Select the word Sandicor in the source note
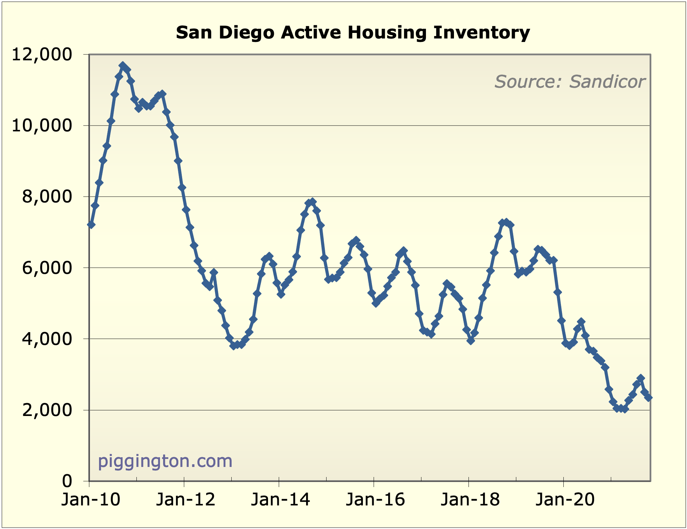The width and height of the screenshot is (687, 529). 607,82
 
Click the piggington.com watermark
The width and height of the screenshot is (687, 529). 165,461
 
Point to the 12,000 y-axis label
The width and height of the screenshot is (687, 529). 47,54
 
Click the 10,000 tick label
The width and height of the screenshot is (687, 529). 47,125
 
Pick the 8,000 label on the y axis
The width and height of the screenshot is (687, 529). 52,197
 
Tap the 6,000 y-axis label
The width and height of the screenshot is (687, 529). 52,268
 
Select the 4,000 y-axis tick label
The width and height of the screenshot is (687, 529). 52,339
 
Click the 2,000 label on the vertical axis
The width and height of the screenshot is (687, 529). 52,410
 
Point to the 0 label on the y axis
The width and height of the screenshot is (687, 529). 67,481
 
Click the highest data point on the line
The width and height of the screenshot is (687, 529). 123,65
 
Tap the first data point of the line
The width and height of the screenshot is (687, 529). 91,225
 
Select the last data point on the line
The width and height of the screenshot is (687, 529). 649,398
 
